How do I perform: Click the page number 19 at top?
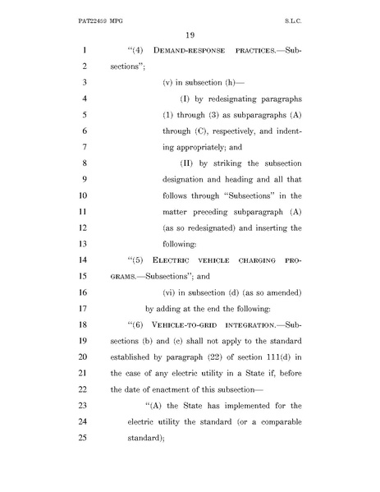(190, 34)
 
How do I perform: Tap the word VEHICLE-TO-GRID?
(187, 308)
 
